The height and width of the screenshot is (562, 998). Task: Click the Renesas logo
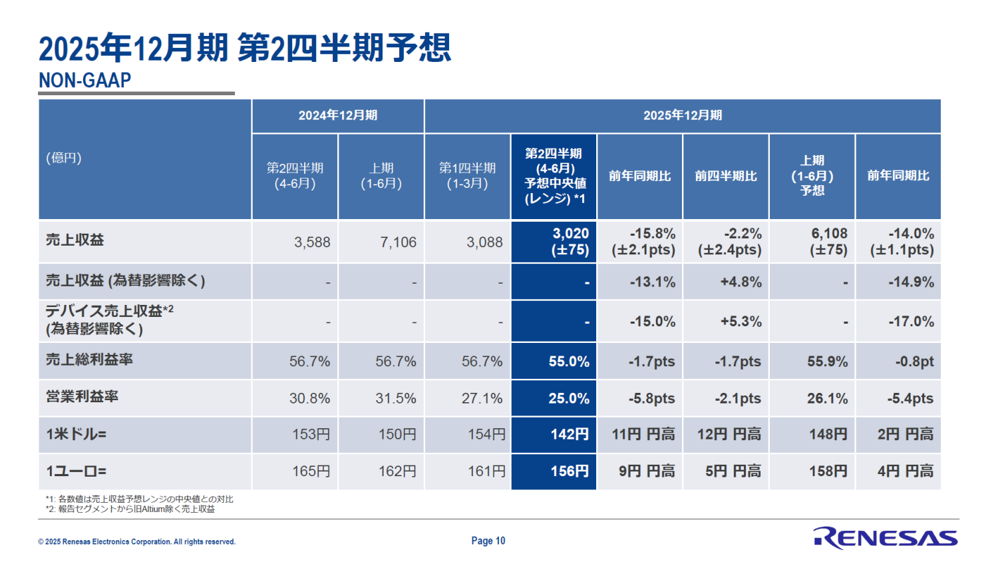[885, 537]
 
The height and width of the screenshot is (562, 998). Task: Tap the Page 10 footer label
[488, 541]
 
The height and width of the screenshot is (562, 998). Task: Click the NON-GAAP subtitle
[85, 81]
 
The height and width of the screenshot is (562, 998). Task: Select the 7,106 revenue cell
[398, 242]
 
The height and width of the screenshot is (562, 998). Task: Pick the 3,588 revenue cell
[312, 242]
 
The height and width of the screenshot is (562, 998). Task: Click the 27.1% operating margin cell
[482, 398]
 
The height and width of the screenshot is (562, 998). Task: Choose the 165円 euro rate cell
[311, 471]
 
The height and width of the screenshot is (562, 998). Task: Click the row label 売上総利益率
[89, 360]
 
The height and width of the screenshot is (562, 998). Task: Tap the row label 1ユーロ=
[76, 471]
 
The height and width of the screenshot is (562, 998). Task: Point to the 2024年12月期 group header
[337, 115]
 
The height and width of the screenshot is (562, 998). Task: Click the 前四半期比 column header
[726, 176]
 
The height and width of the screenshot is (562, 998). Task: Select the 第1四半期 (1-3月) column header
[467, 176]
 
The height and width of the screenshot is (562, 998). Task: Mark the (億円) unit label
[64, 158]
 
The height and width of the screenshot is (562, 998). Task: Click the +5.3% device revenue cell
[741, 322]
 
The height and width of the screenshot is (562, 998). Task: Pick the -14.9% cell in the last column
[911, 282]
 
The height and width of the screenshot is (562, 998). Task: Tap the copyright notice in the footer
[137, 541]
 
